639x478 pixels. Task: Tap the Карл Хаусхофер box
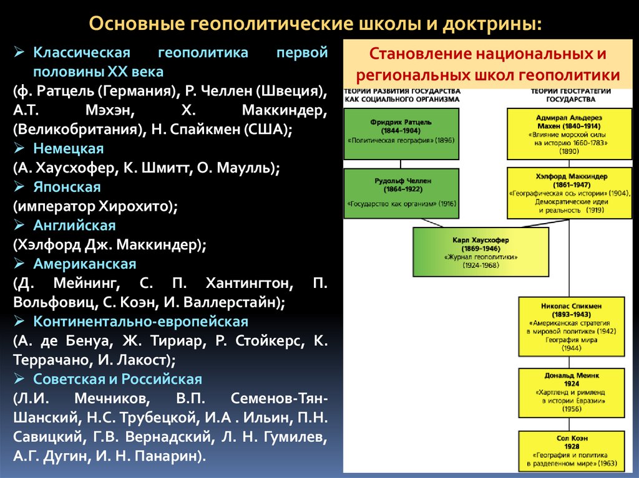(x=480, y=252)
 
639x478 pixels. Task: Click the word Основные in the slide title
(x=135, y=24)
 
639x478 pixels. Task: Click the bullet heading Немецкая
(x=69, y=149)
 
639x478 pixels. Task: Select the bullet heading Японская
(x=67, y=187)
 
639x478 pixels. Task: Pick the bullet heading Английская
(x=74, y=225)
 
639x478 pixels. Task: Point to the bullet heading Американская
(x=85, y=264)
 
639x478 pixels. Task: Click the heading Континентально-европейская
(x=141, y=322)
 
